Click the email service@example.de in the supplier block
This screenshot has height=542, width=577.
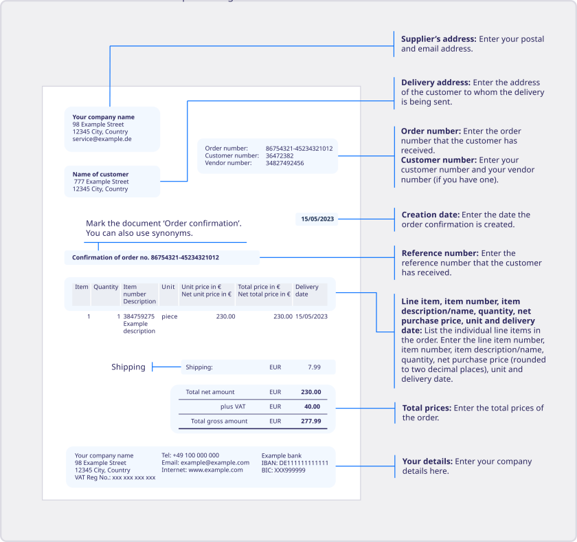(x=102, y=139)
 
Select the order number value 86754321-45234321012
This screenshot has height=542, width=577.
(x=299, y=149)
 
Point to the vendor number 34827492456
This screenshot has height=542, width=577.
(x=284, y=163)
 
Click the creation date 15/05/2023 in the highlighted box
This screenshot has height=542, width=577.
(x=317, y=219)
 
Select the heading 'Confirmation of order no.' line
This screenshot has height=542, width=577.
(x=146, y=257)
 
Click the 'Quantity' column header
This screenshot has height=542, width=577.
(x=106, y=287)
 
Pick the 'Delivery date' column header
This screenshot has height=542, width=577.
(x=307, y=290)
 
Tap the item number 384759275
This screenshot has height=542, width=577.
(x=139, y=316)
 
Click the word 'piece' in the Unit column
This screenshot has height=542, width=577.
(x=169, y=316)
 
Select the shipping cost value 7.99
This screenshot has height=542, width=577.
(x=314, y=367)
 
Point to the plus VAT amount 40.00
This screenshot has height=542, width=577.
(x=311, y=406)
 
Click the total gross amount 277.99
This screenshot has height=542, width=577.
(x=311, y=421)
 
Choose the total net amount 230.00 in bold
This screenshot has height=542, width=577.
(x=311, y=392)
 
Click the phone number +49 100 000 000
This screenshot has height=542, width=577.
(x=190, y=455)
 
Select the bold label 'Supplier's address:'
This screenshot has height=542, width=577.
(x=438, y=39)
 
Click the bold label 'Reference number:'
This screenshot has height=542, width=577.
(x=440, y=253)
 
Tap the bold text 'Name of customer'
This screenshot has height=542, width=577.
(x=100, y=174)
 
